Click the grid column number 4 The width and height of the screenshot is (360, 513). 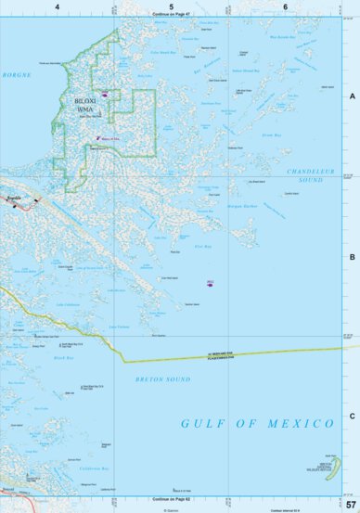[x=58, y=6]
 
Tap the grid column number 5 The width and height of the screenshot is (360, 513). [x=172, y=6]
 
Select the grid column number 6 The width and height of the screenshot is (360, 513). [x=285, y=6]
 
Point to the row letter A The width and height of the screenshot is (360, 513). [x=352, y=96]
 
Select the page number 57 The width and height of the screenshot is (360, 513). [x=351, y=504]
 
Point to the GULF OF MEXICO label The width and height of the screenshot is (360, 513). [x=257, y=423]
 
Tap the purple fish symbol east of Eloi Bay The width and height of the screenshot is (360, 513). [x=211, y=284]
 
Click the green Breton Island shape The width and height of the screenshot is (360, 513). [x=337, y=464]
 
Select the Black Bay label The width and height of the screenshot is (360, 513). [x=63, y=357]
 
